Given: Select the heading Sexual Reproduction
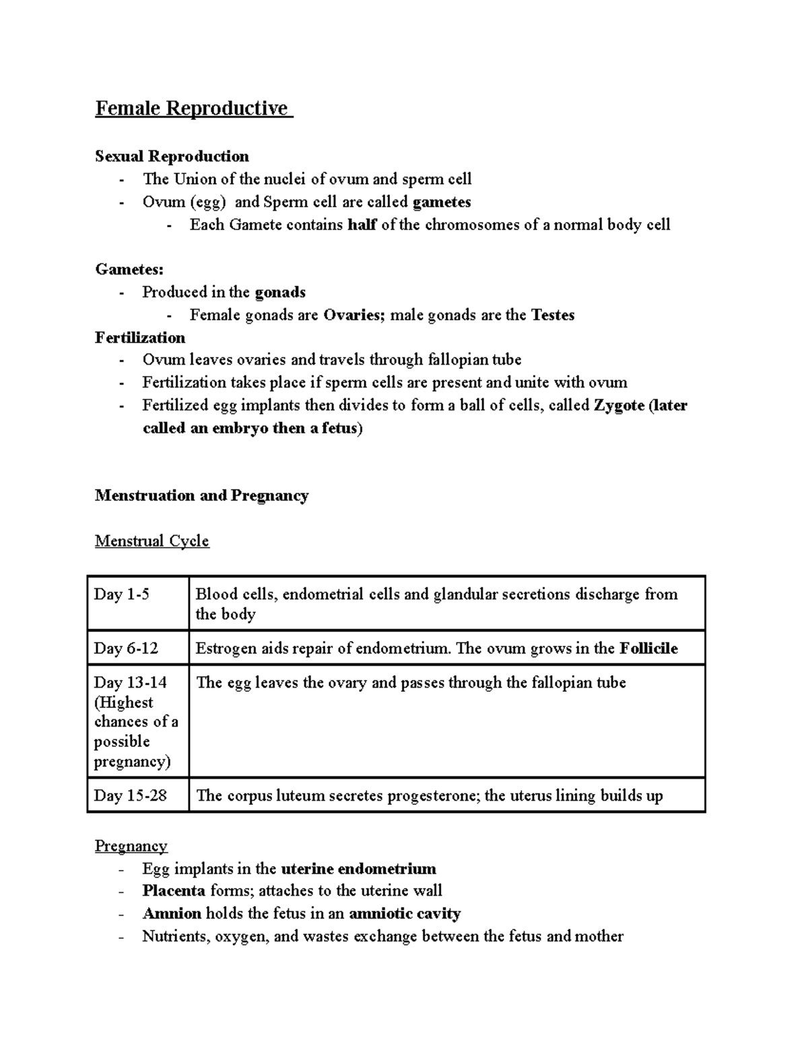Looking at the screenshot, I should coord(172,156).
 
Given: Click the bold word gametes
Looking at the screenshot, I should coord(441,202).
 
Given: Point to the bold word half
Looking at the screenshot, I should coord(362,225).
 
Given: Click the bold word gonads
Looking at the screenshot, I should coord(280,292).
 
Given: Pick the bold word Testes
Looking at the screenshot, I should coord(552,315).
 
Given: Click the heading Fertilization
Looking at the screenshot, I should coord(140,338).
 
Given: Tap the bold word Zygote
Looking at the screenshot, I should coord(619,406).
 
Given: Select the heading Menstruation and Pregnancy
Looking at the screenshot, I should coord(201,496).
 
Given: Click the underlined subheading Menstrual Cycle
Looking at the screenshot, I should coord(152,541).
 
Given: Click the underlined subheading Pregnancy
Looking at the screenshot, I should coord(131,846).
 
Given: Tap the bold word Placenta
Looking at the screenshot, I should coord(174,891).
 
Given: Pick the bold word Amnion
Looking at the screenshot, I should coord(172,914).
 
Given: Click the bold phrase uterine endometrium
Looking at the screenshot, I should coord(358,869).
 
